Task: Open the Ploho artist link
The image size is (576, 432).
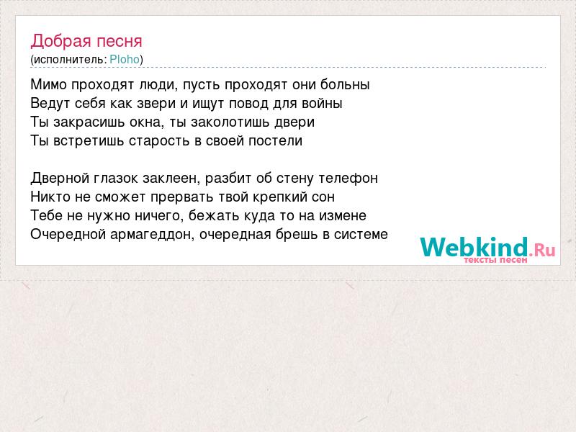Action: click(x=125, y=60)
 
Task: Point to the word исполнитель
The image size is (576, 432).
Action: click(x=68, y=60)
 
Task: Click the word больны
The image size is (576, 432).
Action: click(x=345, y=85)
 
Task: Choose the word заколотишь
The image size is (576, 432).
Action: click(x=225, y=122)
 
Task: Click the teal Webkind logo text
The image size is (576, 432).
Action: click(x=474, y=247)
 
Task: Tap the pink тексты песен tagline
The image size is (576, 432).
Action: click(x=495, y=260)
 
